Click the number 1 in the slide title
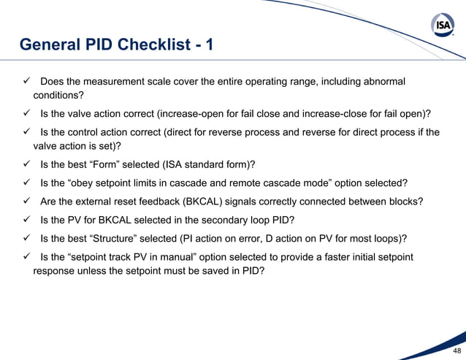[x=210, y=45]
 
